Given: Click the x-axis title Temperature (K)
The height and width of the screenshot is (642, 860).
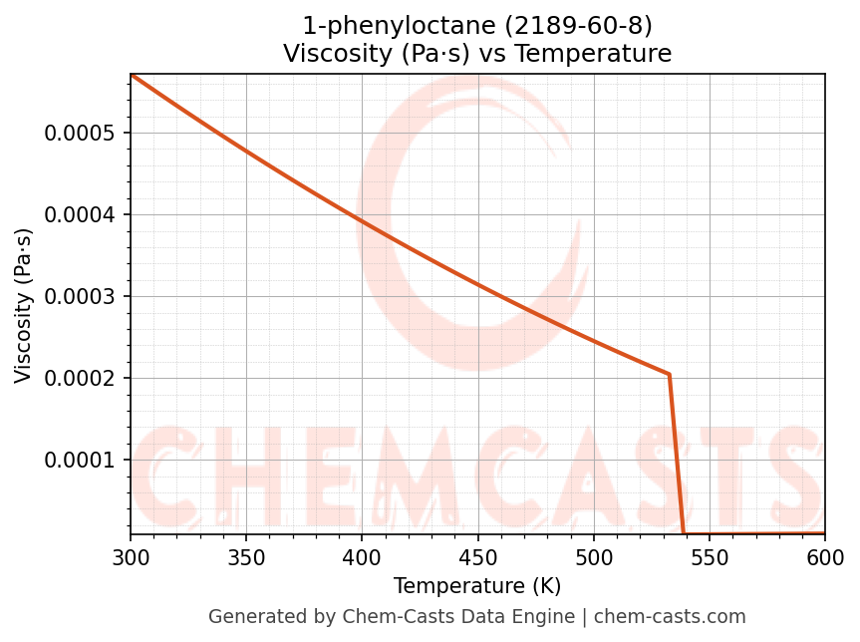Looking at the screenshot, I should click(477, 586).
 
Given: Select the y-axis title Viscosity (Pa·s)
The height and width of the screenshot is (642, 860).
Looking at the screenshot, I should click(24, 305).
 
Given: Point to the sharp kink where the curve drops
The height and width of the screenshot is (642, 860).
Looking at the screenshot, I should click(669, 374).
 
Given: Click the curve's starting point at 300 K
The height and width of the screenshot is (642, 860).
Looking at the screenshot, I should click(132, 75).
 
